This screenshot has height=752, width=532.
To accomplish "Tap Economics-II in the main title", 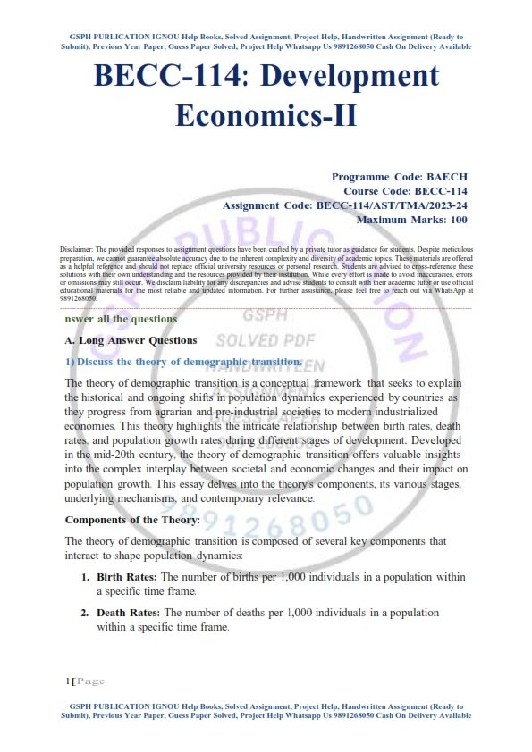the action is (x=266, y=115).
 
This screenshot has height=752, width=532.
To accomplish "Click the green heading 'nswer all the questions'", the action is (x=121, y=319).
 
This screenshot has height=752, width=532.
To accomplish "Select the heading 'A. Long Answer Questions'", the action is (x=131, y=340).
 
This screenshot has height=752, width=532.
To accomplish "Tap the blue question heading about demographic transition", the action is (x=178, y=362).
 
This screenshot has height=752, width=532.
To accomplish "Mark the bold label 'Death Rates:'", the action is (x=128, y=613).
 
